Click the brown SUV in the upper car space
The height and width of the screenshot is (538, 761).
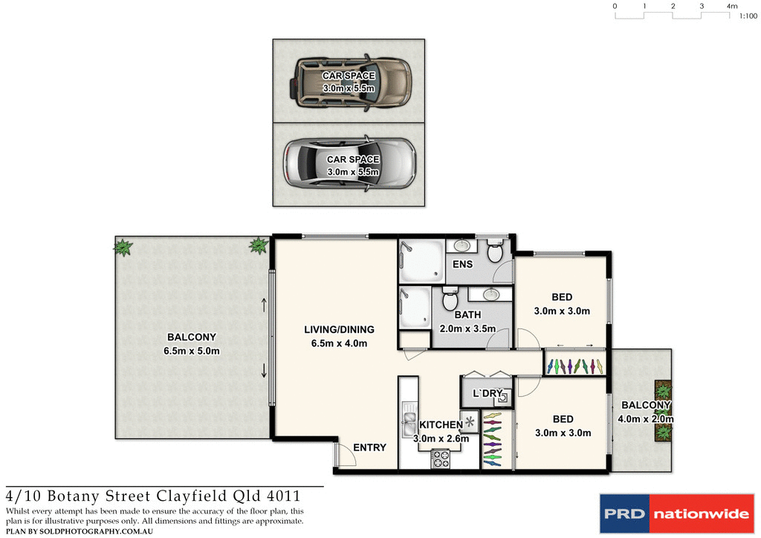tap(349, 82)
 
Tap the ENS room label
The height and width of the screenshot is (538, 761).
tap(462, 265)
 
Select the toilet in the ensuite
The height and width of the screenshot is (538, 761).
tap(496, 253)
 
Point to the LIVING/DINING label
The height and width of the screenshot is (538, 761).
tap(339, 329)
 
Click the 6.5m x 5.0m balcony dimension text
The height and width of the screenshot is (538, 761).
tap(192, 351)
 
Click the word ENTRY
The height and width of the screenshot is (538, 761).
tap(369, 447)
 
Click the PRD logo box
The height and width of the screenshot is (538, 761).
tap(624, 513)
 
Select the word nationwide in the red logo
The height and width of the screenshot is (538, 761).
tap(700, 513)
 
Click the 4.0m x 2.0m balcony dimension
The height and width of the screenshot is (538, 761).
tap(647, 418)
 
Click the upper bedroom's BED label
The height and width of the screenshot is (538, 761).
tap(562, 297)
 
